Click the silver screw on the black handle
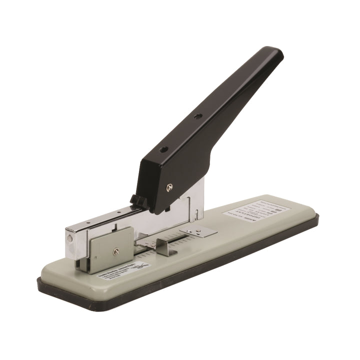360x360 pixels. pyautogui.click(x=169, y=187)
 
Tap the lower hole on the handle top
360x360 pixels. pyautogui.click(x=163, y=149)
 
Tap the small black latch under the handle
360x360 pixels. pyautogui.click(x=138, y=201)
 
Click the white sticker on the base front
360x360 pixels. pyautogui.click(x=124, y=270)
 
